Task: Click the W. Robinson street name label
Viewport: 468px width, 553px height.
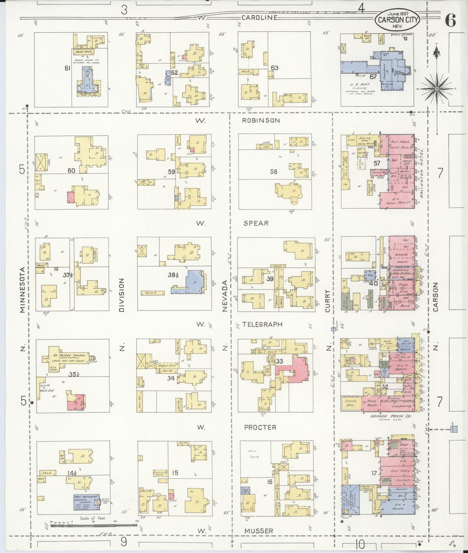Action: (x=260, y=121)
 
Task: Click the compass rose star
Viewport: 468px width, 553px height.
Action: (x=436, y=89)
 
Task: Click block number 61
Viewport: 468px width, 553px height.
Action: (x=68, y=68)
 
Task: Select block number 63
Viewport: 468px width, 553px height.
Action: (x=275, y=68)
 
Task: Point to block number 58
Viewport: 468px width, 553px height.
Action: (x=274, y=172)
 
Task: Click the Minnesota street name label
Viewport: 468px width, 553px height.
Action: (x=23, y=289)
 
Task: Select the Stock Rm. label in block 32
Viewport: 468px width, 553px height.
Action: (x=351, y=403)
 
